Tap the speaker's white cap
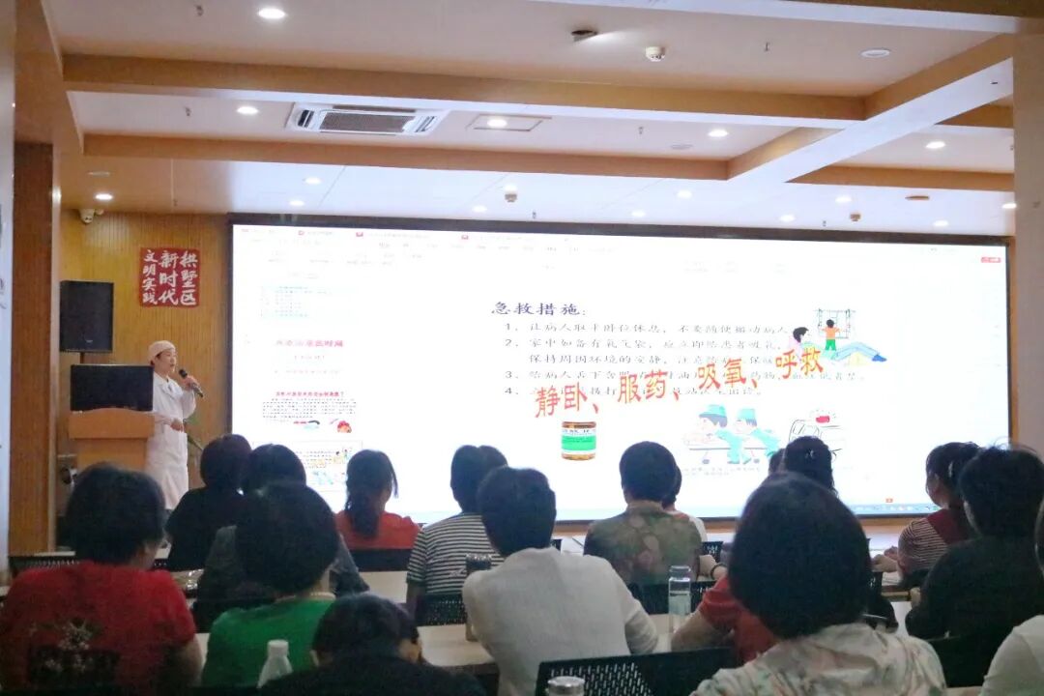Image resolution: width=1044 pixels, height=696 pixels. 160,347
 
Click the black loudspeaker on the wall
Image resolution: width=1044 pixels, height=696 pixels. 86,316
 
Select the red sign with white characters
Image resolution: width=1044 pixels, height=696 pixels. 169,276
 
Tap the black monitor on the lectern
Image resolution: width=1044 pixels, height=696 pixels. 111,387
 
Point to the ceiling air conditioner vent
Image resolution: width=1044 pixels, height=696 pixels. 364,120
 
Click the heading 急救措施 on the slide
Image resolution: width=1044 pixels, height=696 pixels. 538,308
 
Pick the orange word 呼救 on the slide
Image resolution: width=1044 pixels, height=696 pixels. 798,362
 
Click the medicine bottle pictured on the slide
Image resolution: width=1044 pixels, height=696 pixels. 578,439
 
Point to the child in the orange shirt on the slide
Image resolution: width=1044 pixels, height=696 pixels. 829,334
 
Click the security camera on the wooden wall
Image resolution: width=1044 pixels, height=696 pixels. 88,215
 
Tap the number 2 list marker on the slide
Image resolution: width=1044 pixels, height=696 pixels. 509,343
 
